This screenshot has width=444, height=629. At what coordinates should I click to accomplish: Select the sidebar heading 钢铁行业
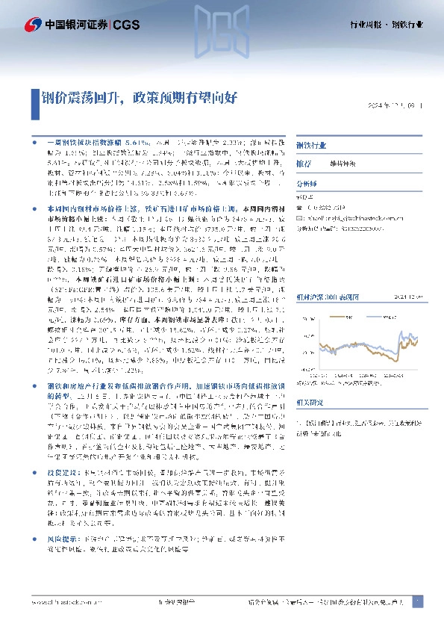tap(312, 146)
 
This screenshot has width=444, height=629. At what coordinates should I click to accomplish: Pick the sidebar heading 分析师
tap(307, 181)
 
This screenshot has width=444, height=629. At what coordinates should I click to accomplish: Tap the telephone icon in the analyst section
tap(299, 208)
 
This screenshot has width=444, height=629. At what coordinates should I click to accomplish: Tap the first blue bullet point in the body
tap(34, 140)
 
